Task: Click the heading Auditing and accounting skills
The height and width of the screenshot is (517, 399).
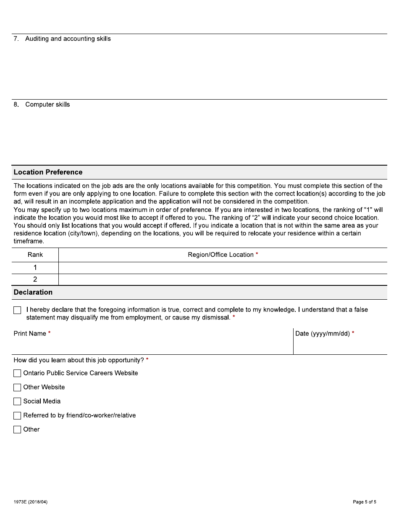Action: pyautogui.click(x=68, y=39)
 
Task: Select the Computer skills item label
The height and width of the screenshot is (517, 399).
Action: pyautogui.click(x=47, y=104)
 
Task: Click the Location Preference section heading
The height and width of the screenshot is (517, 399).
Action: pyautogui.click(x=48, y=172)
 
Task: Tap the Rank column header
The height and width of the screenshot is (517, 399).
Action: pyautogui.click(x=35, y=255)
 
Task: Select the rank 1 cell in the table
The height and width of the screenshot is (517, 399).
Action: pyautogui.click(x=35, y=268)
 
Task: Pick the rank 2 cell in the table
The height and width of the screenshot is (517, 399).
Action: pyautogui.click(x=35, y=280)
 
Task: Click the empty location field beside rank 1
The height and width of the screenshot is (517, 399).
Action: pyautogui.click(x=223, y=268)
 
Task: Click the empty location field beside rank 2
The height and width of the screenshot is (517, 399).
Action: pyautogui.click(x=223, y=280)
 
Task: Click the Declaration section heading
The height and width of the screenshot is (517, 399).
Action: pyautogui.click(x=33, y=292)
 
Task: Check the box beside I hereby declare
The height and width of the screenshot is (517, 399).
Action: pyautogui.click(x=17, y=310)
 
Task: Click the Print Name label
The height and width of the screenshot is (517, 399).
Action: pyautogui.click(x=30, y=333)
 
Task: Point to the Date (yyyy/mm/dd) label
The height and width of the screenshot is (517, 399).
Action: pyautogui.click(x=323, y=333)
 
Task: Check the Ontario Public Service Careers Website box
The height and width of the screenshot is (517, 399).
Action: pyautogui.click(x=17, y=373)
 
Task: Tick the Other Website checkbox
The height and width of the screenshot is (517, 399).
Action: pyautogui.click(x=17, y=388)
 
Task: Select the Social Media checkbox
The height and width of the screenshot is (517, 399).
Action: pyautogui.click(x=17, y=401)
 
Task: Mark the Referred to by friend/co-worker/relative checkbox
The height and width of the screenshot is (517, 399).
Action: pyautogui.click(x=17, y=416)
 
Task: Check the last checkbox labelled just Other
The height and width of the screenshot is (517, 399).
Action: pyautogui.click(x=17, y=430)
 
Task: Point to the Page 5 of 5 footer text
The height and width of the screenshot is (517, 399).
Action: pyautogui.click(x=365, y=502)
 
